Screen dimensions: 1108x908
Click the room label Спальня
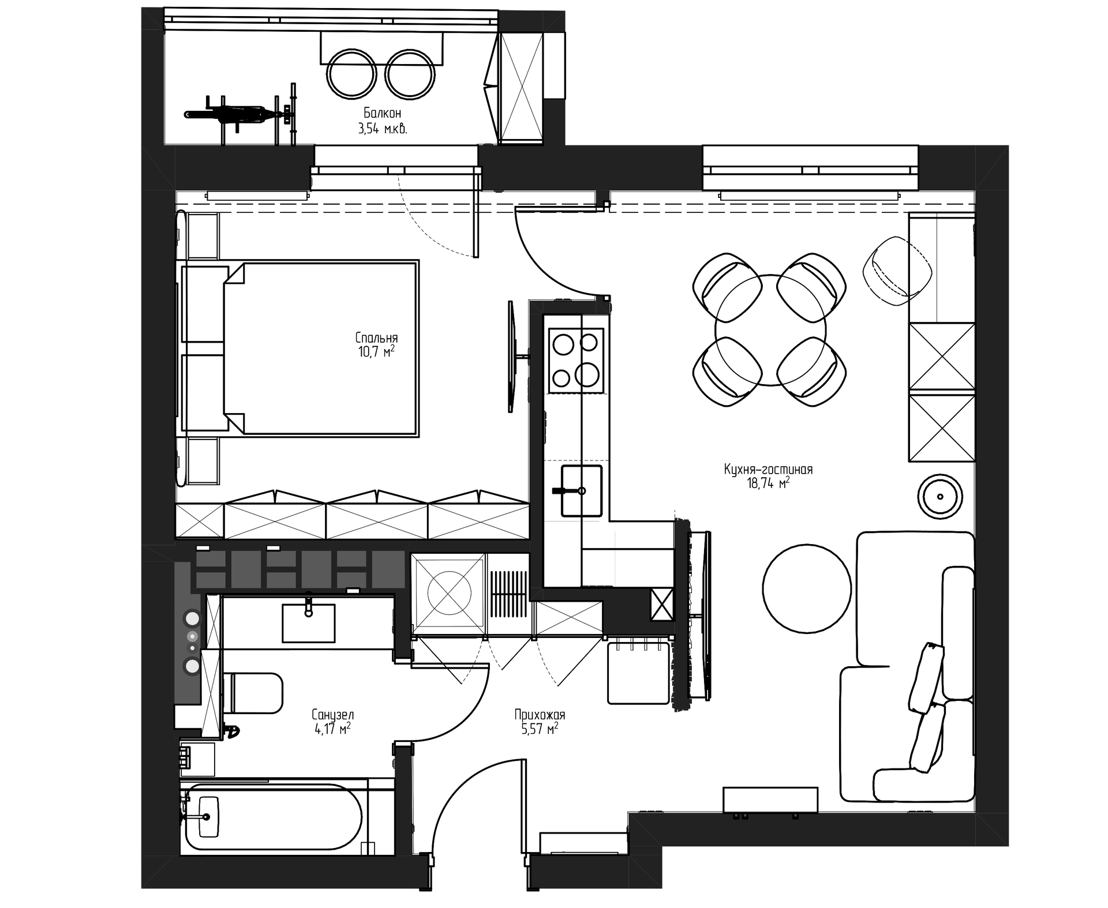376,337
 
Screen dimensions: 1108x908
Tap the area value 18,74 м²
769,483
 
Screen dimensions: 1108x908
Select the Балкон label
382,113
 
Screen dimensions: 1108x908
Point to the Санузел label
332,715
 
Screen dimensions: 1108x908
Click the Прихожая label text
540,715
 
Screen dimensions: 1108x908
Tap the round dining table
770,330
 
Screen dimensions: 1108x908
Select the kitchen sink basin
581,490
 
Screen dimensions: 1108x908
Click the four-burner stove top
577,361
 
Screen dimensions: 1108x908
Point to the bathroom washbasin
308,622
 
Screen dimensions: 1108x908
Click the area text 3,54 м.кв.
383,129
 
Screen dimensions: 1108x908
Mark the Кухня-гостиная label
769,469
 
